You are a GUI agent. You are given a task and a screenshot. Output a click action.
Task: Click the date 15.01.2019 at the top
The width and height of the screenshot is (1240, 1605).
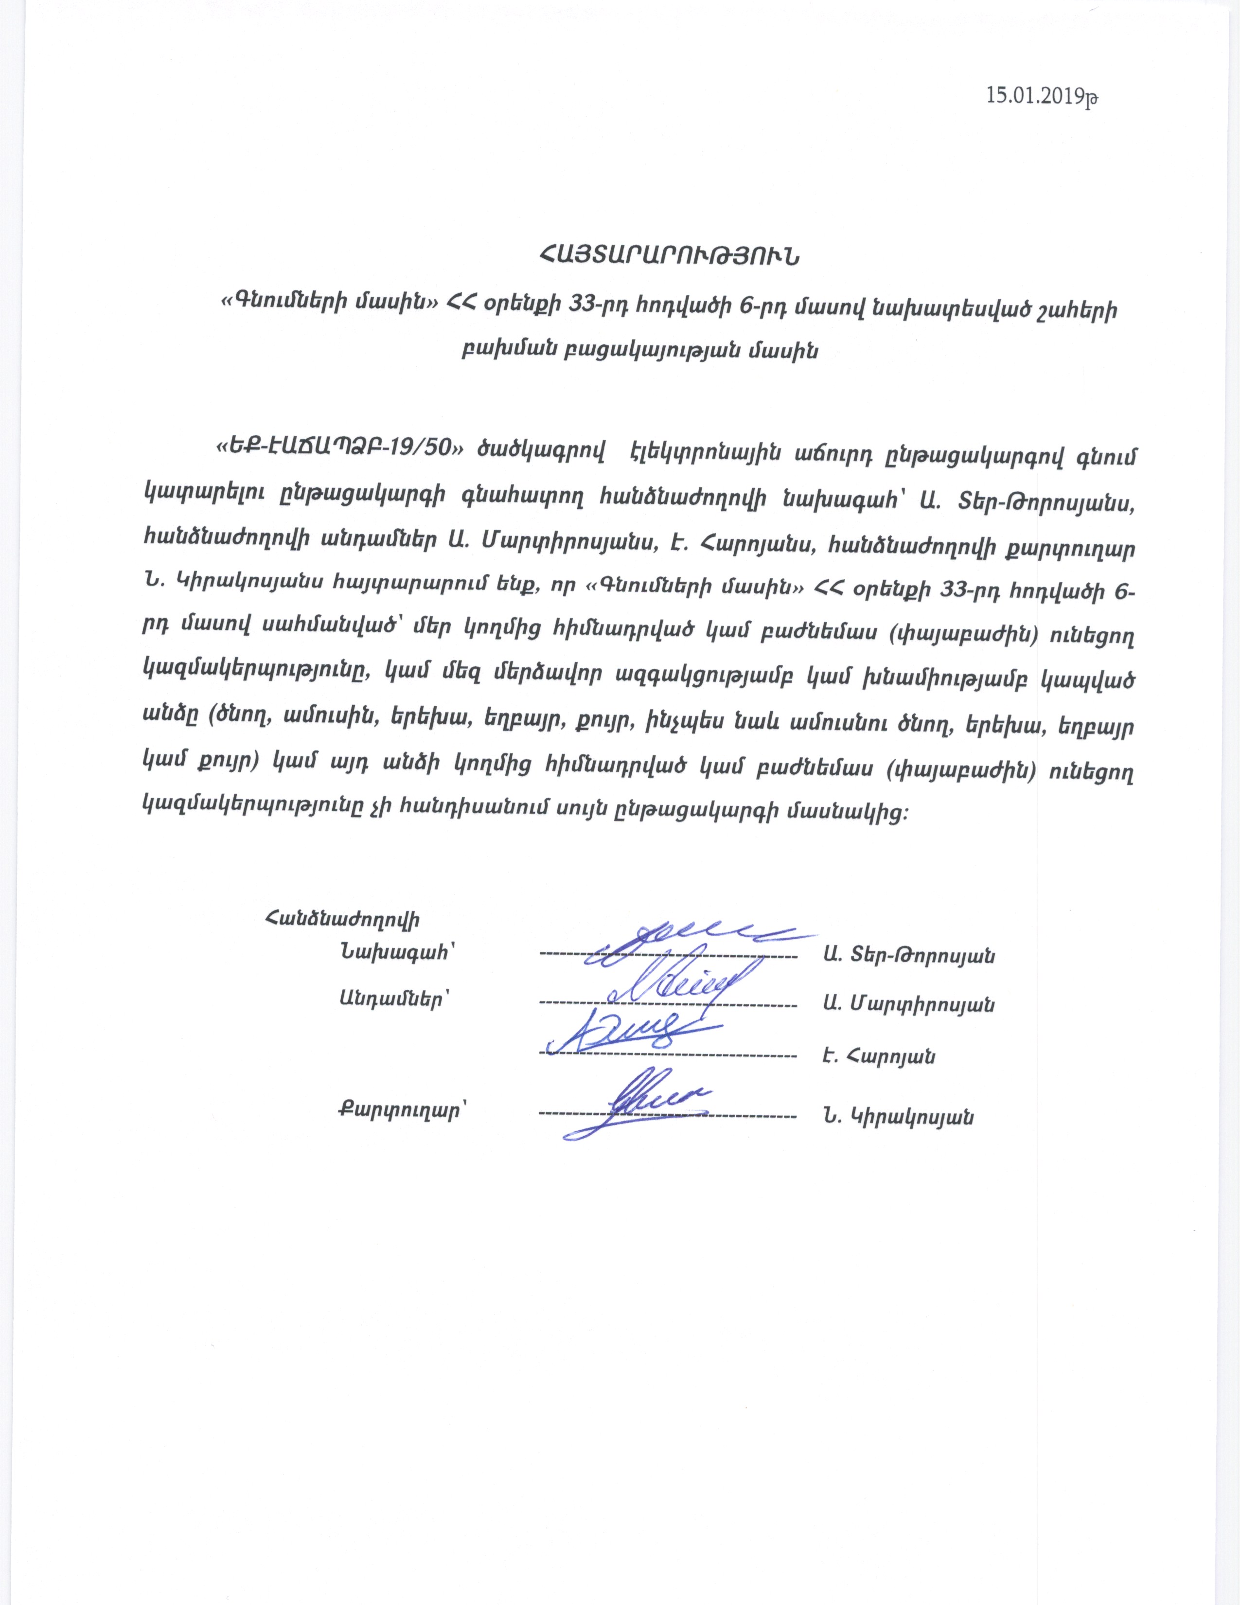(x=1041, y=96)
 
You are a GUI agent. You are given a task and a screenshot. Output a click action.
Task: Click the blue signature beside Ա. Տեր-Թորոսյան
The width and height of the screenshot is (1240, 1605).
(x=683, y=943)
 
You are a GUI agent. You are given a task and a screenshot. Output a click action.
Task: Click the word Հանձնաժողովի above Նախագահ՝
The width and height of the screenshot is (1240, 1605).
(x=343, y=919)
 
